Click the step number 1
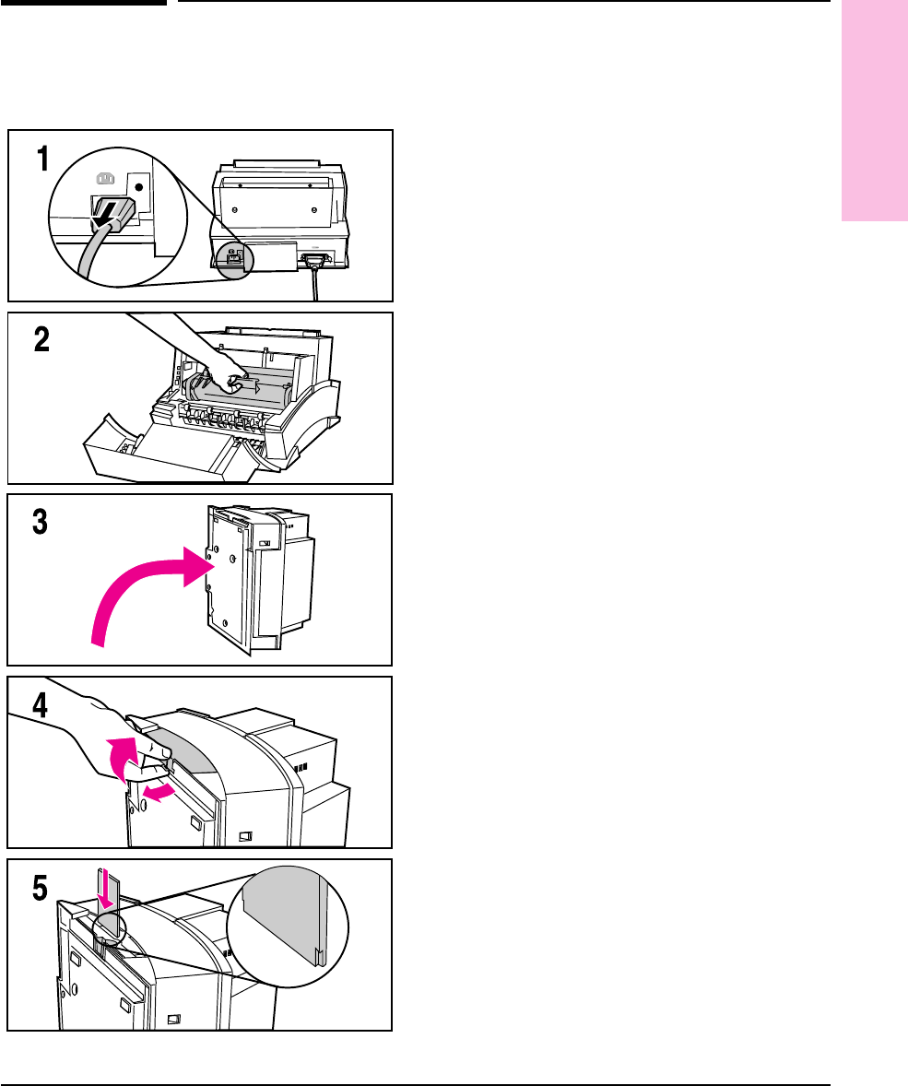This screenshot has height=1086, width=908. point(41,159)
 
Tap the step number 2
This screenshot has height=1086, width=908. point(41,341)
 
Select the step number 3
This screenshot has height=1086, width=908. point(41,523)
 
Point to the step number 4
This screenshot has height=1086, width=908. point(41,705)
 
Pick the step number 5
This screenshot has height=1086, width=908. point(41,887)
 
